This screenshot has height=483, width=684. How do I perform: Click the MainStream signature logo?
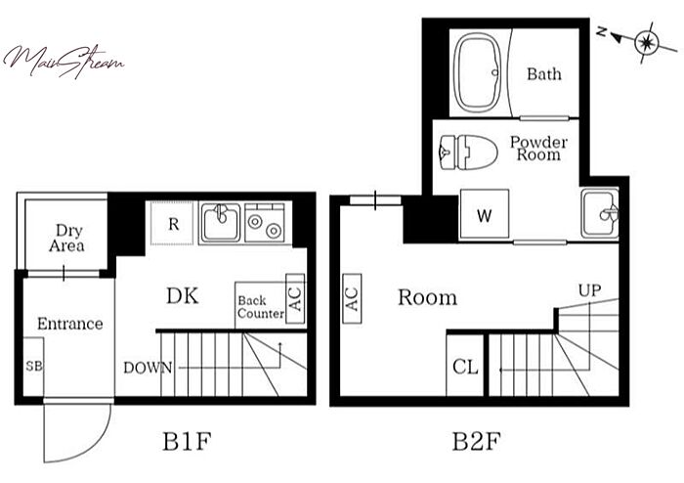pyautogui.click(x=64, y=62)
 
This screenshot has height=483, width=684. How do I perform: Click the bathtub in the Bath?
pyautogui.click(x=477, y=72)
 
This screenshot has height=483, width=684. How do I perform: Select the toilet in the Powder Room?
pyautogui.click(x=468, y=153)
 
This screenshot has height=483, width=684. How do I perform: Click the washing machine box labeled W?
pyautogui.click(x=485, y=214)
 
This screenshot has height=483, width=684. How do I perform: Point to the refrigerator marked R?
pyautogui.click(x=173, y=223)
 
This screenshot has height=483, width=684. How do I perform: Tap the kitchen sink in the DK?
pyautogui.click(x=221, y=223)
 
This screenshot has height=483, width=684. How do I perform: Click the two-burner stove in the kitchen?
pyautogui.click(x=265, y=223)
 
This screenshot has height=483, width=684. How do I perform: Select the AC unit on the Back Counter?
pyautogui.click(x=295, y=299)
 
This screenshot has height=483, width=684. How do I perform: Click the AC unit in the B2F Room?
pyautogui.click(x=352, y=299)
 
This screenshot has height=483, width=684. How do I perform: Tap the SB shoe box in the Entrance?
pyautogui.click(x=33, y=367)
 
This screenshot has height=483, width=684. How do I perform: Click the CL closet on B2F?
pyautogui.click(x=465, y=366)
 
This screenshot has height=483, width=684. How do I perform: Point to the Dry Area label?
pyautogui.click(x=66, y=238)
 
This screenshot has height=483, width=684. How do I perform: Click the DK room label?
pyautogui.click(x=183, y=296)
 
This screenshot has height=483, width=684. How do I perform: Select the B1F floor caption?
pyautogui.click(x=187, y=442)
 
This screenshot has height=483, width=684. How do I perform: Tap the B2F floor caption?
pyautogui.click(x=476, y=442)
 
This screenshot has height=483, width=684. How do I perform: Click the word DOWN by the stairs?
pyautogui.click(x=148, y=368)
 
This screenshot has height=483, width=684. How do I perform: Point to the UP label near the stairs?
pyautogui.click(x=590, y=290)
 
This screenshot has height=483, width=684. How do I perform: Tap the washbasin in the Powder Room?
pyautogui.click(x=600, y=214)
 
